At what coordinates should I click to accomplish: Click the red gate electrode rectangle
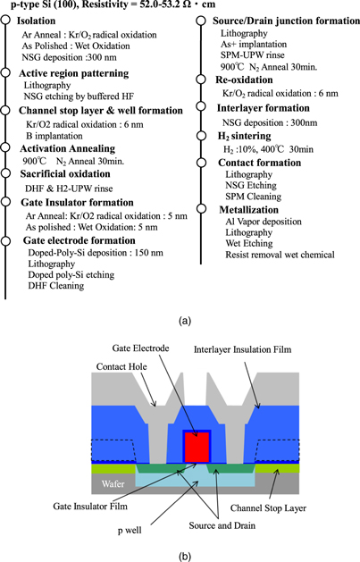pos(196,446)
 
